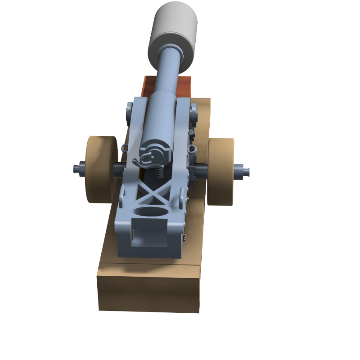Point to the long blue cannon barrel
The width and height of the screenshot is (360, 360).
click(166, 90)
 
